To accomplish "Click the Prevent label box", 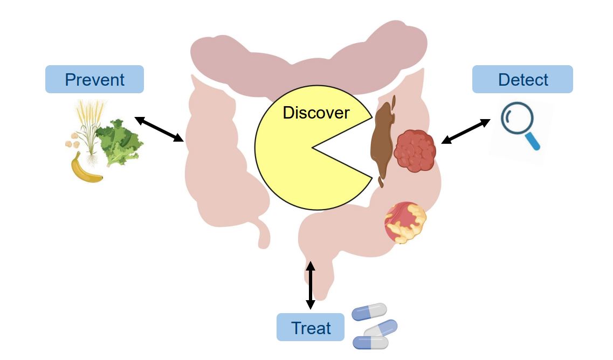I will click(94, 79).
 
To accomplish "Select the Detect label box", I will click(522, 79).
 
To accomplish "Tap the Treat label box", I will click(311, 327).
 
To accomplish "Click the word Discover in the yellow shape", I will click(316, 113).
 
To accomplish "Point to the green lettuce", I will click(120, 141).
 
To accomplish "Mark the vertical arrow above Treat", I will click(311, 285).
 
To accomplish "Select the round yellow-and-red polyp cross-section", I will click(405, 221).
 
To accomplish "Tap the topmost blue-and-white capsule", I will click(369, 312).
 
